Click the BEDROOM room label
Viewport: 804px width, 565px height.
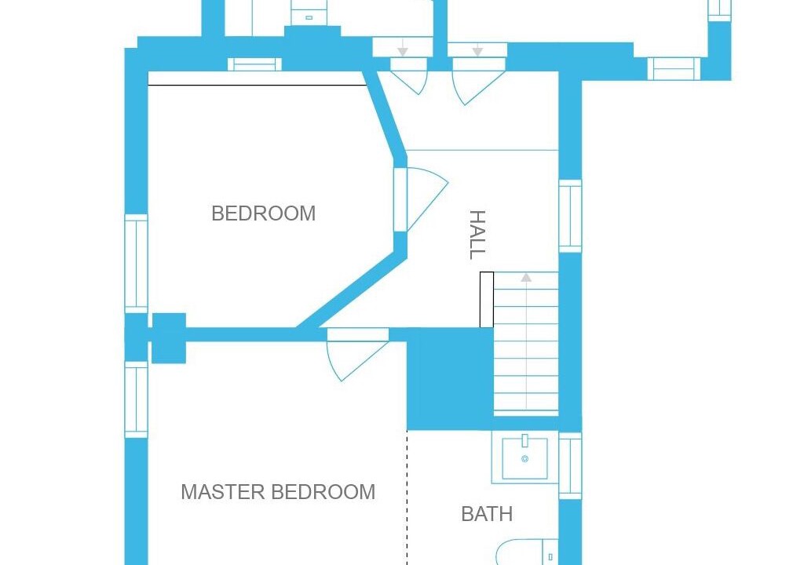264,213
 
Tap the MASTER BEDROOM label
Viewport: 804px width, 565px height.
278,492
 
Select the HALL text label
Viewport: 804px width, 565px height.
477,235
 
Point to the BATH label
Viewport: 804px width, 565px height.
487,514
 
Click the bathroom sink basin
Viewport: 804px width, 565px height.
524,458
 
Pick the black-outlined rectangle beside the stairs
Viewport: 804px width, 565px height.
487,300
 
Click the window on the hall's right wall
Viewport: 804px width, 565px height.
570,216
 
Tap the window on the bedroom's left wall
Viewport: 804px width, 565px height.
137,264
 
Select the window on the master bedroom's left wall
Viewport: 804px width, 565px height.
137,400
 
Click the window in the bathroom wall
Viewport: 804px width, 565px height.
570,465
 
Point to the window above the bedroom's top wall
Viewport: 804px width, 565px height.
255,64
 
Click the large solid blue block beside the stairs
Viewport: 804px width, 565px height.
450,379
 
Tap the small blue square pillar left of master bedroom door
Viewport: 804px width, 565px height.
169,338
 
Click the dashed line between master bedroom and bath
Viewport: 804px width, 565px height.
407,498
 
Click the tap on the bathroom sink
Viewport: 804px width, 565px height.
524,440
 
